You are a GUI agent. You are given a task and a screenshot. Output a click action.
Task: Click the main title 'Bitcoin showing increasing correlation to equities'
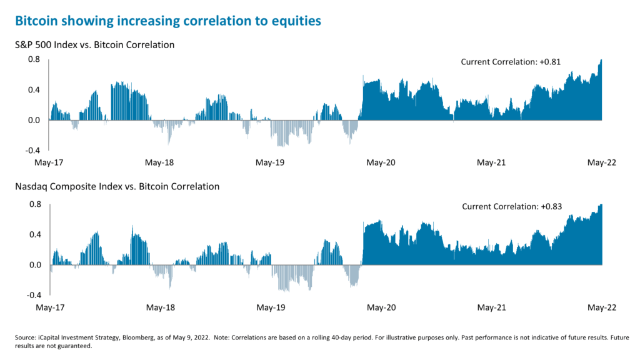(x=167, y=21)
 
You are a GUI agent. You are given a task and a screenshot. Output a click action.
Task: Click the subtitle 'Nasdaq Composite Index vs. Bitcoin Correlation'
(x=117, y=186)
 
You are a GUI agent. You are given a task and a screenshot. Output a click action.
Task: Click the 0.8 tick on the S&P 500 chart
(x=34, y=59)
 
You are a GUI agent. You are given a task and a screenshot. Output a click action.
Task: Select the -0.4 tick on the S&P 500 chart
(x=32, y=151)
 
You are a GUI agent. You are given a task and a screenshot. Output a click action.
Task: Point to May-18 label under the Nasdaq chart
(x=159, y=308)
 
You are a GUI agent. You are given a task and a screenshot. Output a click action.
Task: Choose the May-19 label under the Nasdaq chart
(x=270, y=308)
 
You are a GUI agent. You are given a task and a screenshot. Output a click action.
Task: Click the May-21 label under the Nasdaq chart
(x=491, y=308)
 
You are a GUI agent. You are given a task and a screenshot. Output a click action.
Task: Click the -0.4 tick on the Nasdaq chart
(x=32, y=295)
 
